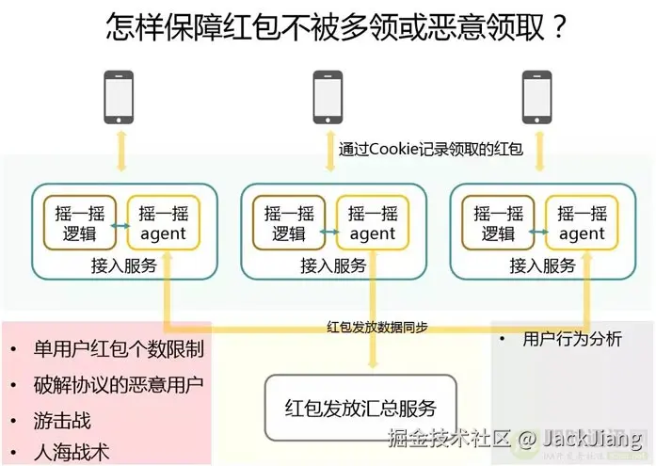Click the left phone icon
[119, 98]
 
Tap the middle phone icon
[328, 98]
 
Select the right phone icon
[537, 98]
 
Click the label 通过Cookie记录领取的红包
[430, 150]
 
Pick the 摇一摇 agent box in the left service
[163, 224]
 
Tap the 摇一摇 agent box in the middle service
[372, 224]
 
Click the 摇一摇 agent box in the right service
[582, 224]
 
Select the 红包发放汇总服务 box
[360, 408]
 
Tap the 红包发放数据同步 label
[377, 327]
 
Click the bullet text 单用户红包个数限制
[117, 348]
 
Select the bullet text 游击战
[62, 420]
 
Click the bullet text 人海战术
[72, 452]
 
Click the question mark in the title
[557, 26]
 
